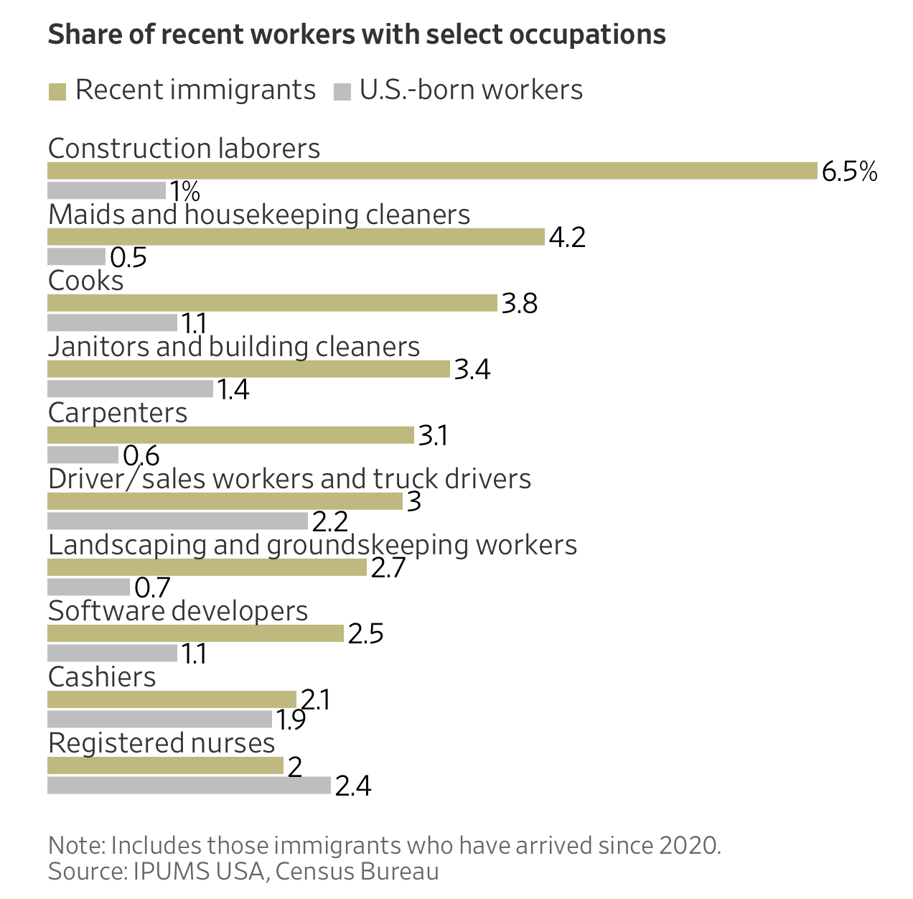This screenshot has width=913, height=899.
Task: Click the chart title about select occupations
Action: click(x=357, y=34)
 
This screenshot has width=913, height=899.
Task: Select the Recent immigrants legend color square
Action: click(x=57, y=91)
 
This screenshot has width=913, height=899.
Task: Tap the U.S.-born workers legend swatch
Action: click(x=342, y=91)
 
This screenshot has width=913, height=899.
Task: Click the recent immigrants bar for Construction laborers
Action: click(x=432, y=171)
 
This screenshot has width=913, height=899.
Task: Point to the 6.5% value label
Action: click(x=849, y=172)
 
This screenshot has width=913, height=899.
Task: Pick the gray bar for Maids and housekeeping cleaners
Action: click(x=76, y=256)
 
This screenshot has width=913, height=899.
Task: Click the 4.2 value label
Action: click(x=567, y=238)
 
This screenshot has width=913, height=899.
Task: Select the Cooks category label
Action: click(x=85, y=281)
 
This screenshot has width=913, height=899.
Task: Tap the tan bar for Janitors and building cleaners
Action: click(x=248, y=369)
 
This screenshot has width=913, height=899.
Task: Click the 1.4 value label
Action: click(x=233, y=390)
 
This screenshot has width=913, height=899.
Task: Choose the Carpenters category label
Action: click(x=118, y=413)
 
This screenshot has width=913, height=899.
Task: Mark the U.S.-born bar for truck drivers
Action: click(x=177, y=521)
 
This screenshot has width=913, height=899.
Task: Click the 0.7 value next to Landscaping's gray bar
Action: click(x=152, y=588)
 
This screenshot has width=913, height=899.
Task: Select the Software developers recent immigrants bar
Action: click(x=195, y=633)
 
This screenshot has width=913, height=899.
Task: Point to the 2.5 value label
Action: click(x=365, y=634)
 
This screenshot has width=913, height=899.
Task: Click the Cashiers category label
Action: click(x=102, y=677)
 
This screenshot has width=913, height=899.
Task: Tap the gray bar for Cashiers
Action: click(x=159, y=719)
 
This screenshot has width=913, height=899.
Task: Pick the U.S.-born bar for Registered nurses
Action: click(x=189, y=785)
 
